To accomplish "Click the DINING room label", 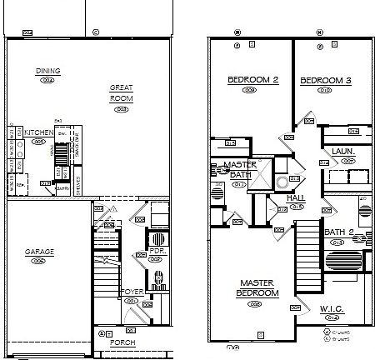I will pos(47,71).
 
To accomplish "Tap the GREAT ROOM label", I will pos(122,92).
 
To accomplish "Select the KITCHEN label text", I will pos(39,132).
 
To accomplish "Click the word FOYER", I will pos(132,291).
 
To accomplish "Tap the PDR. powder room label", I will pos(155,249).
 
